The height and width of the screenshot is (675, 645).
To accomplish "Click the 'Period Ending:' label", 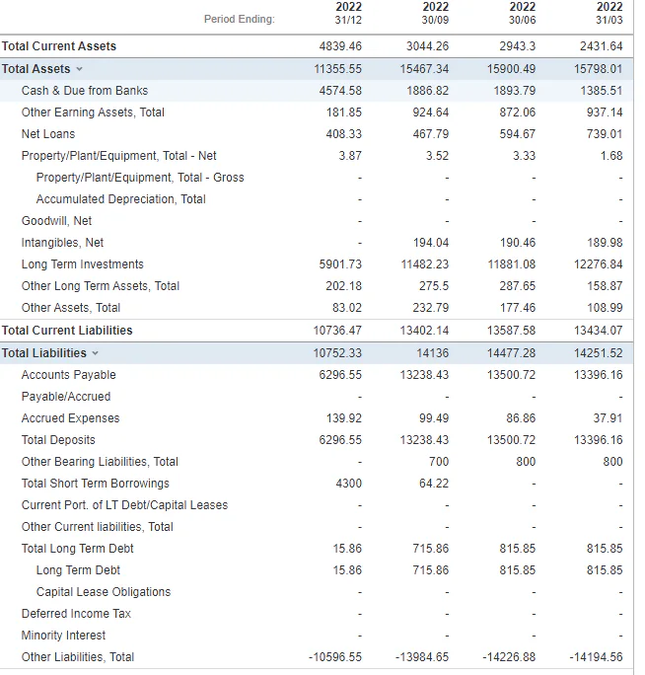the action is (240, 20).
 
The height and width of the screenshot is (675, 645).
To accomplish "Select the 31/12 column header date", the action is (348, 20).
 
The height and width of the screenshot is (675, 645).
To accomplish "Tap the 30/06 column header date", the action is (522, 20).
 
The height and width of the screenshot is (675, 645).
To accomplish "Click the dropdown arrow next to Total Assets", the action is (79, 69).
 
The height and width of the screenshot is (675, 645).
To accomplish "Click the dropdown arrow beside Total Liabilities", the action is (95, 353).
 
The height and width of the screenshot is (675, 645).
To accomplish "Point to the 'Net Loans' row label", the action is (48, 134).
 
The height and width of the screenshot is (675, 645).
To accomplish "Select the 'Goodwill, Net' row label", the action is (56, 221).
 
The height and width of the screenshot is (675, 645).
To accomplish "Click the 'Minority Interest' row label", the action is (63, 635).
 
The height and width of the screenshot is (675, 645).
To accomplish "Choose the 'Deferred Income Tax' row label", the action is (76, 614).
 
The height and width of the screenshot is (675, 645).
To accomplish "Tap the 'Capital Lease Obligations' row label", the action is (104, 592).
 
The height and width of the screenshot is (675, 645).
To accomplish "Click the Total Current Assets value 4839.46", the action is (340, 46).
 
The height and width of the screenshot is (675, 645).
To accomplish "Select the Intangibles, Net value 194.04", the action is (431, 243).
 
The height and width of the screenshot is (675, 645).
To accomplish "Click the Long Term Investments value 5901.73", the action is (340, 263).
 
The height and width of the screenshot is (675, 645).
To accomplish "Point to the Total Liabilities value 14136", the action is (432, 353).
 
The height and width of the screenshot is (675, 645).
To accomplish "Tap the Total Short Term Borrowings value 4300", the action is (348, 483).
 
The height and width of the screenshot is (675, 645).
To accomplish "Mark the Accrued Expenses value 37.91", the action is (608, 418).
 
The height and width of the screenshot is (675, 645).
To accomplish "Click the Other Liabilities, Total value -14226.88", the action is (509, 657).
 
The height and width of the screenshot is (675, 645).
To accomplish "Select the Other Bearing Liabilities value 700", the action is (439, 462).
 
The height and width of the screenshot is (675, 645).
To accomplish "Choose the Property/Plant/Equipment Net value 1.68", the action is (611, 155).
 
